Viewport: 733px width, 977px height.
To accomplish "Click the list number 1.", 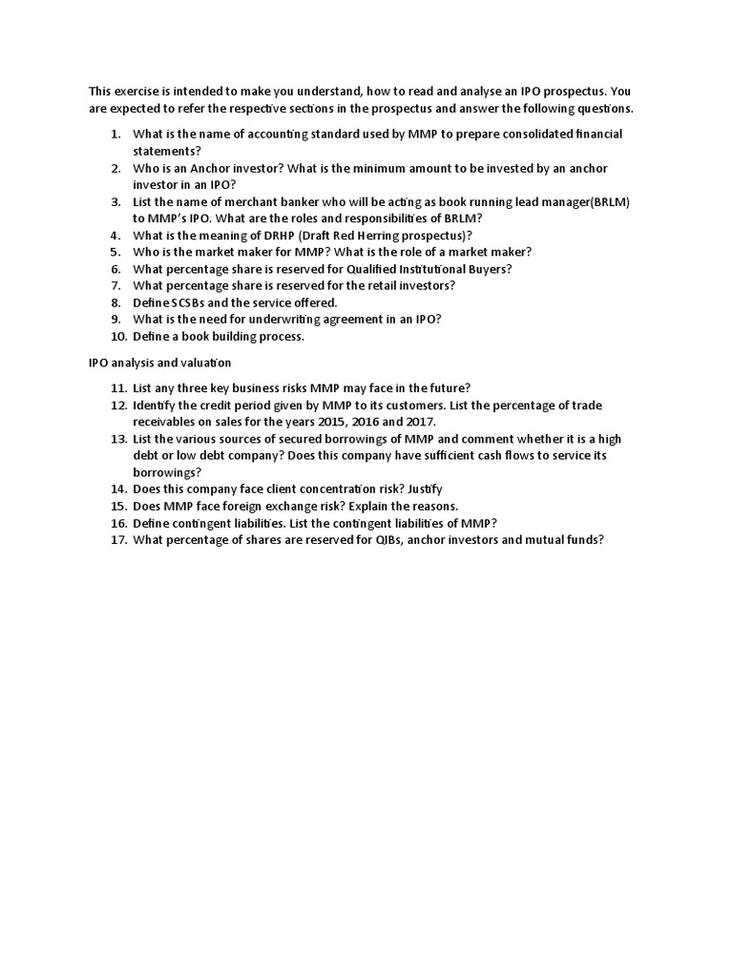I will coord(115,135).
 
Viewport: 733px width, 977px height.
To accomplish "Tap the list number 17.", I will coord(117,539).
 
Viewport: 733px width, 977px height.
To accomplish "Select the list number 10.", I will coord(117,336).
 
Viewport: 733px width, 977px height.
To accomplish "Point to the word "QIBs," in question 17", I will coord(366,539).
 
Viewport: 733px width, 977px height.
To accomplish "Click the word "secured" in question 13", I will coord(292,439).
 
